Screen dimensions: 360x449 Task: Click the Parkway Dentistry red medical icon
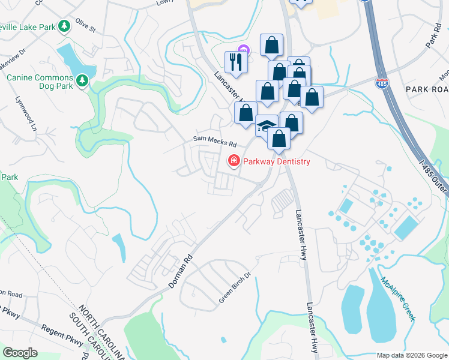[x=233, y=161]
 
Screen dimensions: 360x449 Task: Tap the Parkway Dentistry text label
[x=277, y=162]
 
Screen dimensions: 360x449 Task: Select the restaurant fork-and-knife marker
[x=235, y=62]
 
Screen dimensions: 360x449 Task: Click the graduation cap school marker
[x=266, y=126]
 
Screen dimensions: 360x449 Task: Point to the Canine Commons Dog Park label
[x=40, y=82]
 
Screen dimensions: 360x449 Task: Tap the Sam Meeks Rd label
[x=215, y=141]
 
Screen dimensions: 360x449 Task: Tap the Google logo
[x=20, y=353]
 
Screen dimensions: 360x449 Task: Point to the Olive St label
[x=85, y=28]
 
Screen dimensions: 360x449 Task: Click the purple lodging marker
[x=243, y=50]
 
